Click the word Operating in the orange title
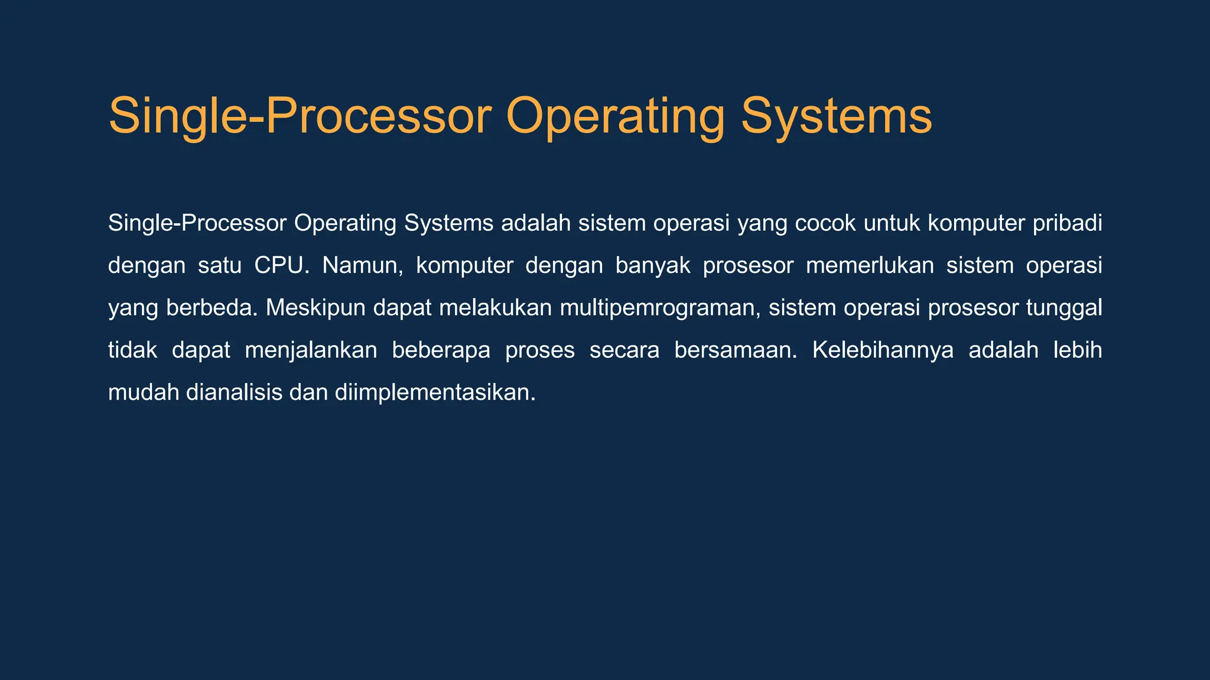(615, 116)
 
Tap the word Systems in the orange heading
(836, 116)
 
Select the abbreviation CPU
(281, 266)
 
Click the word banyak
(653, 266)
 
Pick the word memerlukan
(870, 266)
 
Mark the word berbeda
(212, 308)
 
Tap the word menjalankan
(311, 351)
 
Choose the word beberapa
(441, 351)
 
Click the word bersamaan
(736, 351)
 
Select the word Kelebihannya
(883, 351)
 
